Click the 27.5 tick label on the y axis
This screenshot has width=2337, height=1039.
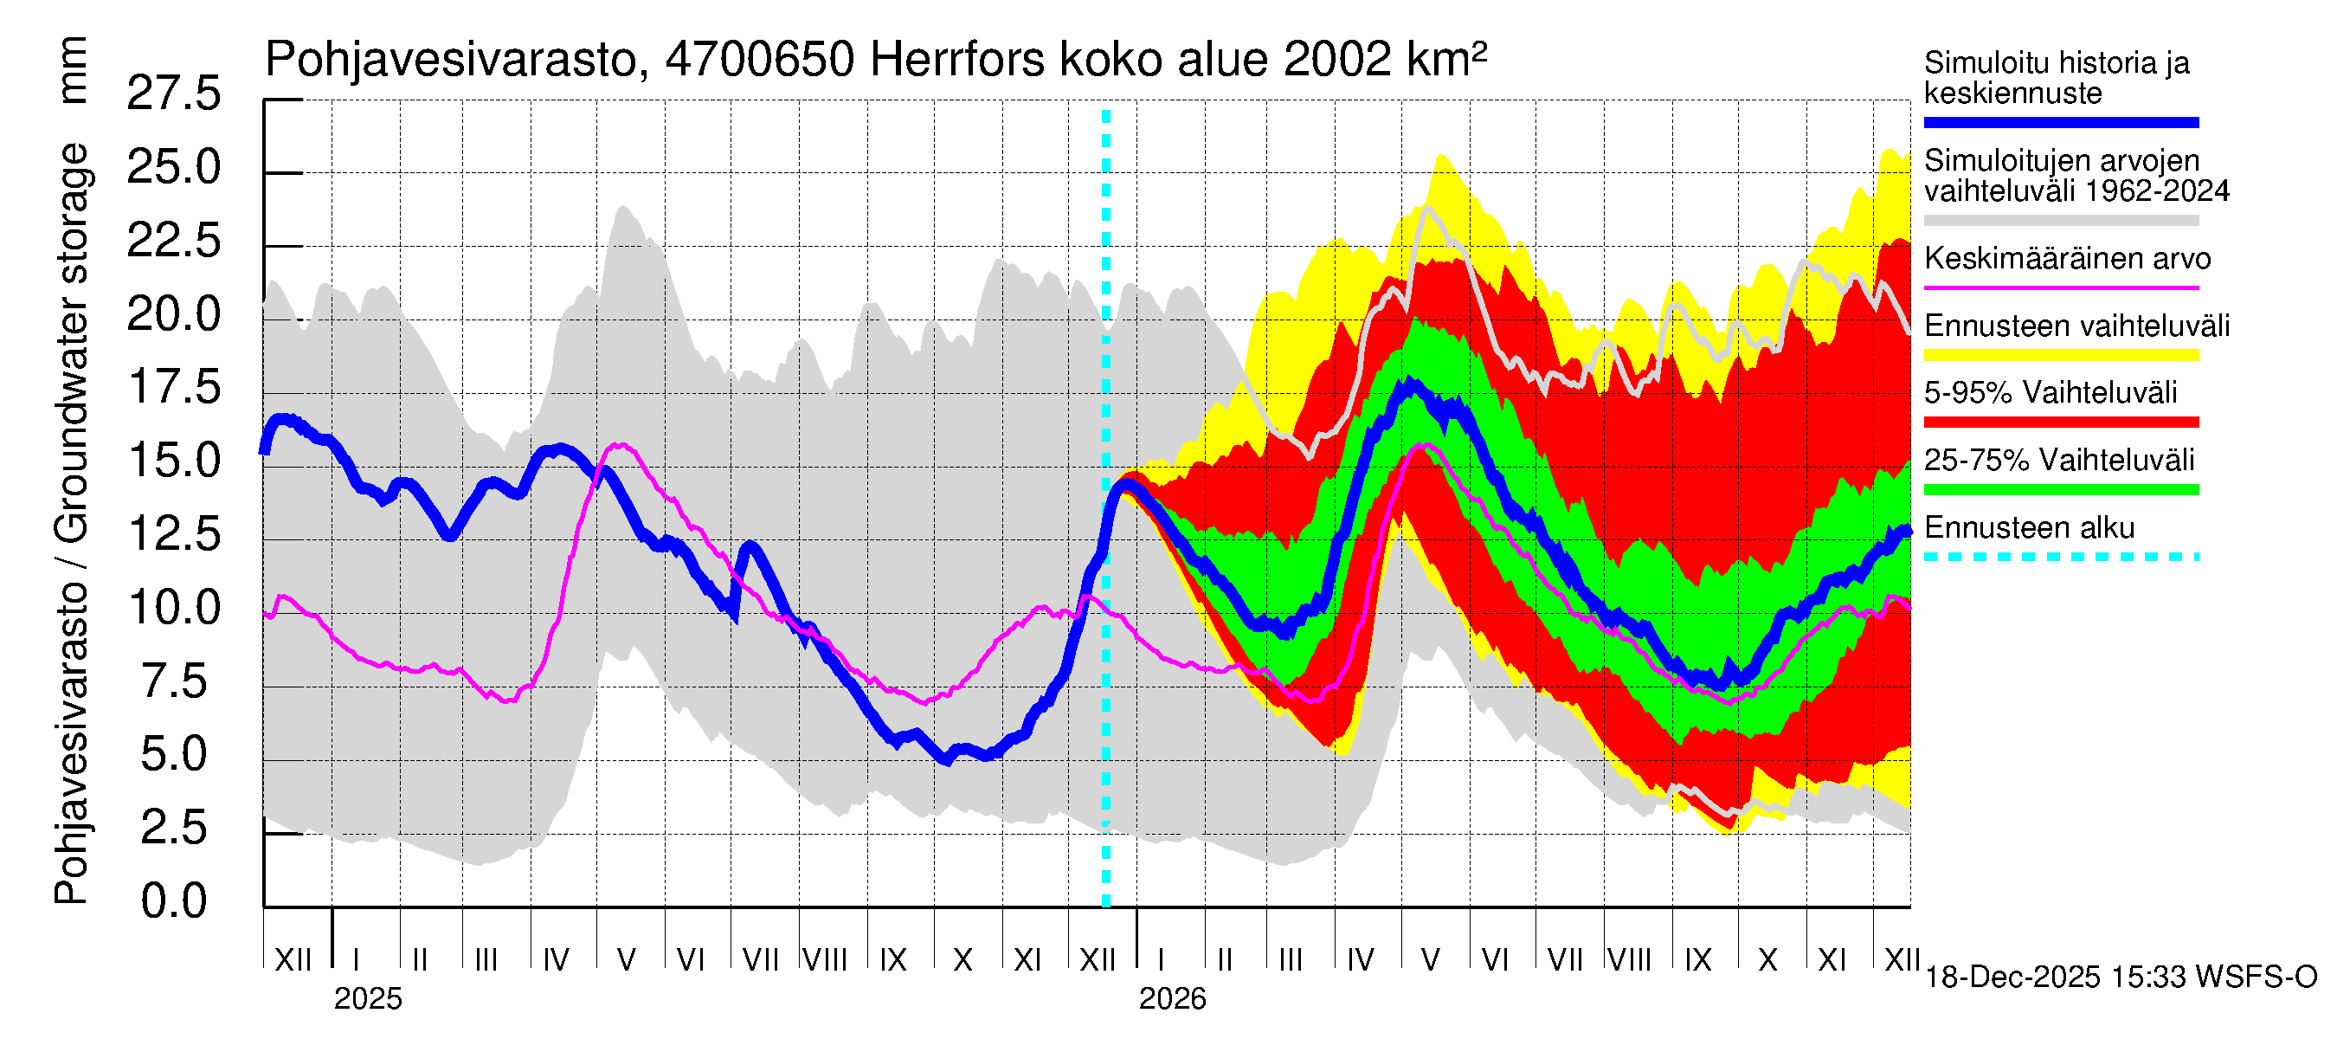click(x=173, y=94)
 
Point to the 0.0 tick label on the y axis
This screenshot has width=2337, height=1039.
click(x=173, y=901)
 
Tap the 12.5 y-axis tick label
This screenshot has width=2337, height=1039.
click(x=173, y=533)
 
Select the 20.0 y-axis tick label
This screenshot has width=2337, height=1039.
click(x=173, y=314)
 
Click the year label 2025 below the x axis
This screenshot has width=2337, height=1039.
click(x=367, y=999)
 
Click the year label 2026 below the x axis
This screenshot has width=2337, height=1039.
click(x=1172, y=999)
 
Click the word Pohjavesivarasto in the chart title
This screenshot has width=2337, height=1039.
click(x=452, y=61)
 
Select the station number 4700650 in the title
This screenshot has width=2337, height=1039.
click(x=759, y=61)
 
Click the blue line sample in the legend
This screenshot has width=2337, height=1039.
click(x=2060, y=122)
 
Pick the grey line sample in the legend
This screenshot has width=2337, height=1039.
click(x=2060, y=221)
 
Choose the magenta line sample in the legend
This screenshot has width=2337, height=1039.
click(x=2060, y=287)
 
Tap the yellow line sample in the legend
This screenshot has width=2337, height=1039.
click(x=2060, y=355)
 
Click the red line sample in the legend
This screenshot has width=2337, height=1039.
click(x=2060, y=422)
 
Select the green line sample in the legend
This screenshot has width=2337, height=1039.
click(x=2060, y=490)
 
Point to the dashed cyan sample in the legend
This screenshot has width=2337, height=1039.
click(x=2060, y=556)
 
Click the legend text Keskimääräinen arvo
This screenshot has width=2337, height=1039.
click(x=2067, y=260)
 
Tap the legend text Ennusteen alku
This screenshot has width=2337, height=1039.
click(x=2029, y=528)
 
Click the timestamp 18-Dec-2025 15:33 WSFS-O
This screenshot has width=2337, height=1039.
click(x=2120, y=978)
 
